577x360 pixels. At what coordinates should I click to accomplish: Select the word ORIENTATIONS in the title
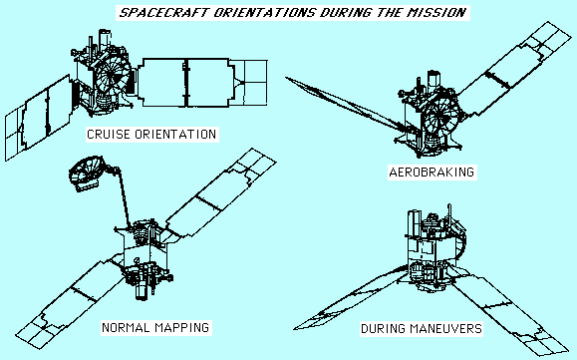click(265, 13)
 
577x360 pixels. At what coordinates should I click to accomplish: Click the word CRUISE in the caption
click(109, 135)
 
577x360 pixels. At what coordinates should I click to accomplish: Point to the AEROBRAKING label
click(432, 173)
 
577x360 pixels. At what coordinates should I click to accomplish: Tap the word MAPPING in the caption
click(182, 328)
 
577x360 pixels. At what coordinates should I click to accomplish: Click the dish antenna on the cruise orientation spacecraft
click(114, 76)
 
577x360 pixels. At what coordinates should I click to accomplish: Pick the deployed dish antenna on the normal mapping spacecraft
click(87, 173)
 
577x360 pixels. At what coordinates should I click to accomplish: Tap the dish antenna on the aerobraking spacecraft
click(441, 115)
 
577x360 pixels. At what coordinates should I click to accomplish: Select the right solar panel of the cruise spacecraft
click(202, 83)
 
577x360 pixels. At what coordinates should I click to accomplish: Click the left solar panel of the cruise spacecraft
click(39, 118)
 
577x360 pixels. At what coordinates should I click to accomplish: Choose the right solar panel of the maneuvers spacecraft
click(509, 311)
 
